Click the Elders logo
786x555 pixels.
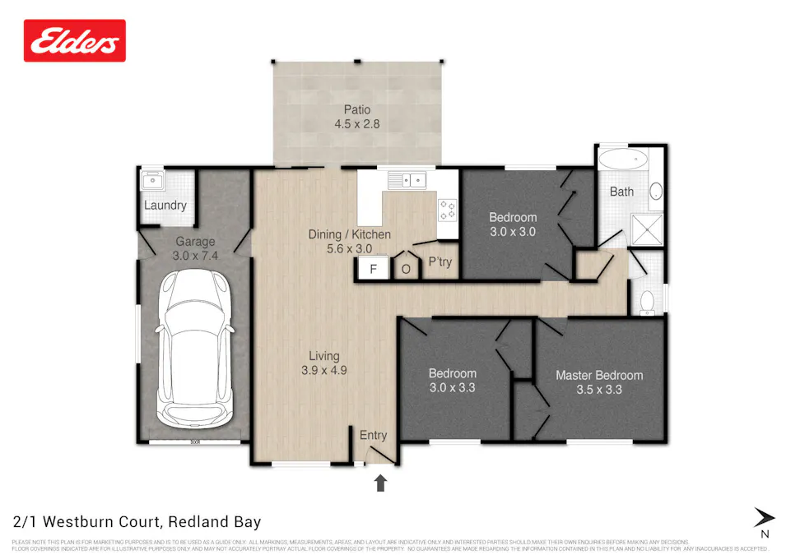(x=75, y=41)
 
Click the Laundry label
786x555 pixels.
(x=165, y=206)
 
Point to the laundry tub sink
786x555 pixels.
(x=152, y=181)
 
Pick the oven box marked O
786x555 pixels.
(x=405, y=269)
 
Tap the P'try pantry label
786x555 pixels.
(x=437, y=264)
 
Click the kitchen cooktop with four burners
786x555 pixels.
(x=447, y=210)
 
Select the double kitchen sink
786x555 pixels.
(x=408, y=178)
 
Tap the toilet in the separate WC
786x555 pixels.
(x=647, y=301)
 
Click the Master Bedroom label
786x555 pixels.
(x=598, y=376)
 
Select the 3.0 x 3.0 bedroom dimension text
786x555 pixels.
(x=513, y=232)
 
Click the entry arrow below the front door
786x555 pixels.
(x=380, y=483)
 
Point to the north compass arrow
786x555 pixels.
(x=764, y=517)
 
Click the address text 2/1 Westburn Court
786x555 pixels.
(x=137, y=522)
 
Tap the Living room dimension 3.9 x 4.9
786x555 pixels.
(x=323, y=370)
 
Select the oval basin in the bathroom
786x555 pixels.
(x=656, y=192)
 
